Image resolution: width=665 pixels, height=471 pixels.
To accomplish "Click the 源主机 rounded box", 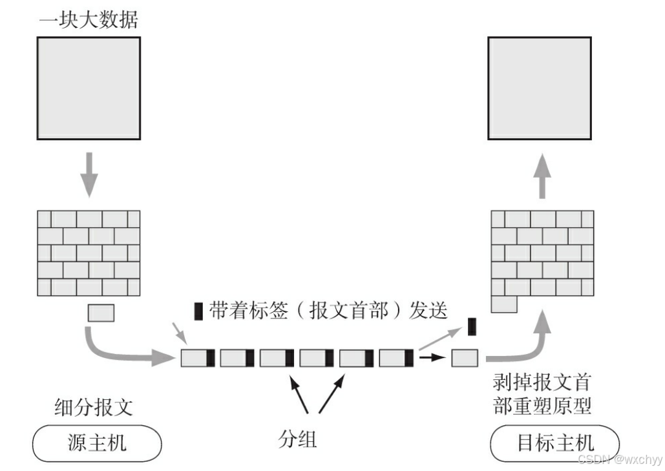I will pos(97,443).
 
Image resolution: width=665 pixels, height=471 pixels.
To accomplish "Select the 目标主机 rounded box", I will pos(555,443).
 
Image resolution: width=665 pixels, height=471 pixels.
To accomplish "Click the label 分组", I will pos(297,439).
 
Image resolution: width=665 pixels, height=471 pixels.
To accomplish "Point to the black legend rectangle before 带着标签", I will pos(198,311).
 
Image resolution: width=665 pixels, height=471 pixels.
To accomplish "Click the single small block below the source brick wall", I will pos(101,313).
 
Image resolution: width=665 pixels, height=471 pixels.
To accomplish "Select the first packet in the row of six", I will pos(198,357).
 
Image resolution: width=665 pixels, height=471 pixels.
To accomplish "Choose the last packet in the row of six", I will pos(396,357).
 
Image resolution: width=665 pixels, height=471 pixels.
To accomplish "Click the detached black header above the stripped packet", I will pos(472,326).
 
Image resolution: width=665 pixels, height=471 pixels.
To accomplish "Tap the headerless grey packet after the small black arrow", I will pos(465,357).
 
